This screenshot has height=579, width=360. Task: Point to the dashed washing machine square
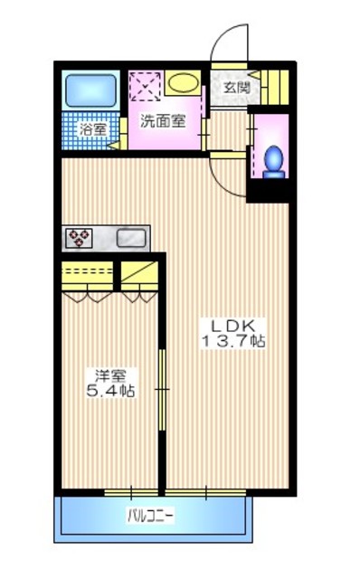145,89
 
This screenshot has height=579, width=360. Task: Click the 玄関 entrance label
235,87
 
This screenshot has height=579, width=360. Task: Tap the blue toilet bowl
273,157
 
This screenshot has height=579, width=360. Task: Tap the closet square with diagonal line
137,272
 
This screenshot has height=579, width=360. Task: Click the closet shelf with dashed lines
87,272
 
